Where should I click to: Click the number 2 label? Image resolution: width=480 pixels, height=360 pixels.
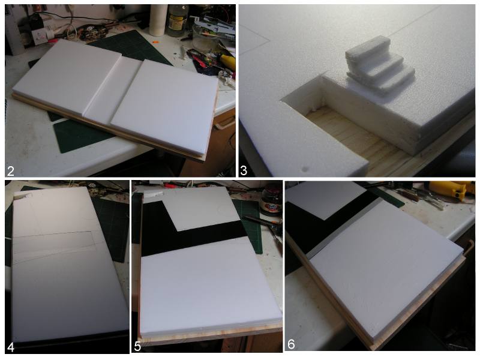pos(11,171)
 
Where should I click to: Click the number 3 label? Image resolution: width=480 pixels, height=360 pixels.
pos(244,170)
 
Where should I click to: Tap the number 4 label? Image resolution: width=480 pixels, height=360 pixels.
pos(10,347)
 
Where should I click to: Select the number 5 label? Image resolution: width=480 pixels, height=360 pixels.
pos(137,347)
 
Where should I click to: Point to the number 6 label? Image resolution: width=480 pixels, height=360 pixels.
pos(291,344)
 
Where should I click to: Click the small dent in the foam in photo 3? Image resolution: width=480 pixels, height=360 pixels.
pos(305,169)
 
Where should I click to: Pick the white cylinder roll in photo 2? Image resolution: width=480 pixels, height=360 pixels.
pos(158,20)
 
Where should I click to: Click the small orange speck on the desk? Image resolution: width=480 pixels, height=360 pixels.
pos(155,41)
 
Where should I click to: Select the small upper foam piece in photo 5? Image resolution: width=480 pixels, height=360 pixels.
pos(200,209)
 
